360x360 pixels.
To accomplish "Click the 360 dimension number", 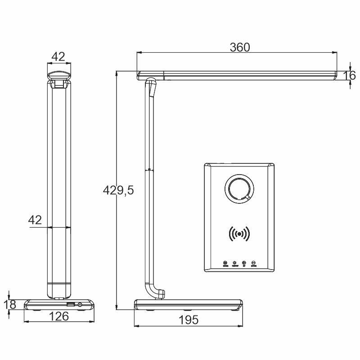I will pyautogui.click(x=240, y=47).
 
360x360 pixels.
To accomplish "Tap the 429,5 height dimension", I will pyautogui.click(x=118, y=191).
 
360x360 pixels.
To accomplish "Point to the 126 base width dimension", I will pyautogui.click(x=58, y=316).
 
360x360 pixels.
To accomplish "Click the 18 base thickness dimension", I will pyautogui.click(x=10, y=305).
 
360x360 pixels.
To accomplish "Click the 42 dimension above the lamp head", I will pyautogui.click(x=58, y=57).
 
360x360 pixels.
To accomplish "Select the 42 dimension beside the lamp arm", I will pyautogui.click(x=35, y=220).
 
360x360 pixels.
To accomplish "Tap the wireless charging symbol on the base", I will pyautogui.click(x=239, y=234).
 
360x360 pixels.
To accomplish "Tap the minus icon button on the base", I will pyautogui.click(x=254, y=263).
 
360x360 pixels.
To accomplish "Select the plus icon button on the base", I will pyautogui.click(x=244, y=263).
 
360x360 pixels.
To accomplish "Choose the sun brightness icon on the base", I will pyautogui.click(x=234, y=263).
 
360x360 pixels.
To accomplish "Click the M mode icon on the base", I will pyautogui.click(x=225, y=263).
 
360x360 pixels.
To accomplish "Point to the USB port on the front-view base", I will pyautogui.click(x=71, y=305).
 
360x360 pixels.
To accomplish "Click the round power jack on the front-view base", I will pyautogui.click(x=80, y=305).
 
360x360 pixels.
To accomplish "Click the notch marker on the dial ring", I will pyautogui.click(x=247, y=197).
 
